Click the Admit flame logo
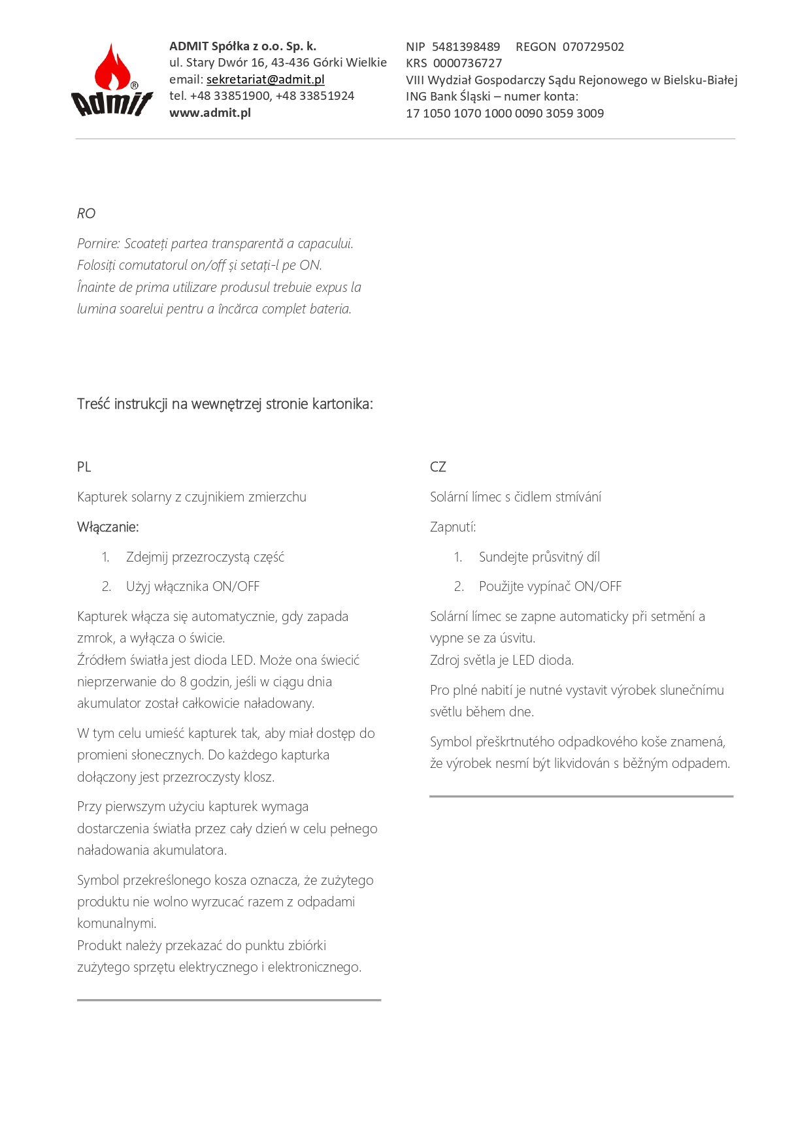pos(112,80)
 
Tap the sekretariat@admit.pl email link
pos(265,80)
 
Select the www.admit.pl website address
pos(210,113)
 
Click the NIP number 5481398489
pos(466,47)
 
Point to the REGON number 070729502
pos(593,47)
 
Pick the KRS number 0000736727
pos(467,63)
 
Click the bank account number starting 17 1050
pos(505,114)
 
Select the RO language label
pos(86,214)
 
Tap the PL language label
pos(84,467)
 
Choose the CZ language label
pos(438,467)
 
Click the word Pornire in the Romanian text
pos(98,244)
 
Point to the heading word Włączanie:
pos(108,527)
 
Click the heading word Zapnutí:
pos(453,527)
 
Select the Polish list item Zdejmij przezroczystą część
pos(205,557)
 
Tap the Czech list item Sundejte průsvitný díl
pos(539,557)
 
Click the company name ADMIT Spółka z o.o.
pos(242,46)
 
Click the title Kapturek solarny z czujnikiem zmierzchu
pos(191,497)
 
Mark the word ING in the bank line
pos(416,97)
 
